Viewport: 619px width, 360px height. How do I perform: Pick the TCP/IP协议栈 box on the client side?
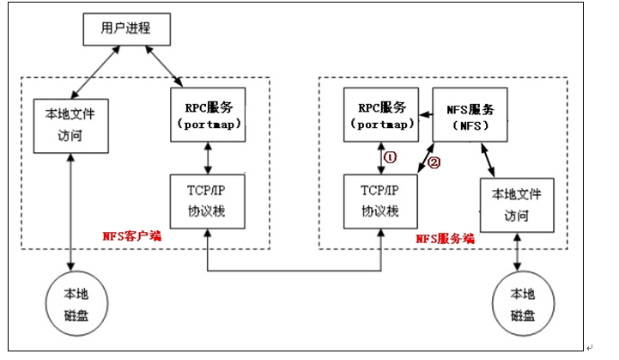coord(205,203)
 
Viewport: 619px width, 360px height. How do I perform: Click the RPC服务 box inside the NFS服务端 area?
coord(379,113)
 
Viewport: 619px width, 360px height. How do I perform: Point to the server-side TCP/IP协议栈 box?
coord(379,203)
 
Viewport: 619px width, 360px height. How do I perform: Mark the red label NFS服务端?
coord(445,238)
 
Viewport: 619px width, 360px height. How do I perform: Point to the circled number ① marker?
coord(390,158)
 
